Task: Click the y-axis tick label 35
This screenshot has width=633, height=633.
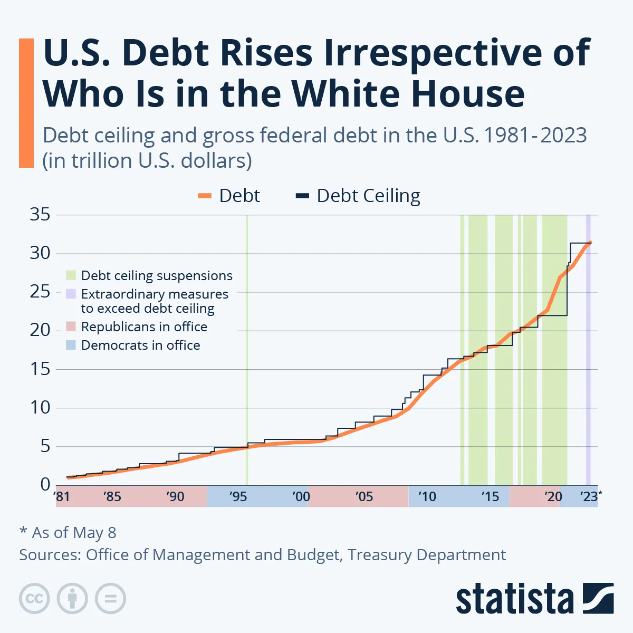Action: (x=40, y=214)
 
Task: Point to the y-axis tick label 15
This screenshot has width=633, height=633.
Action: (x=40, y=369)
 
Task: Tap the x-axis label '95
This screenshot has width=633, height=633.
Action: (x=238, y=496)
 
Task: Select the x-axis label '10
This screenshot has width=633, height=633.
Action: (x=427, y=496)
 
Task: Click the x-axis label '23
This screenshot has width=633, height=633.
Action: (x=589, y=496)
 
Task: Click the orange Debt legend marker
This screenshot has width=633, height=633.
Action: (x=205, y=196)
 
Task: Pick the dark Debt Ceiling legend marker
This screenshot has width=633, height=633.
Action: (x=302, y=196)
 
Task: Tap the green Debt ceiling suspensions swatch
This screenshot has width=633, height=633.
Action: (x=71, y=275)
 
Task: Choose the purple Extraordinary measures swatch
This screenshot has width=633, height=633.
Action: (x=71, y=294)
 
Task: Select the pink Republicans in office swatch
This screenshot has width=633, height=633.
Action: (x=71, y=327)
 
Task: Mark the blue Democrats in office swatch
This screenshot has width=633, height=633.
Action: (x=71, y=345)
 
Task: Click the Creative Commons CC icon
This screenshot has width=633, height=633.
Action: (x=34, y=598)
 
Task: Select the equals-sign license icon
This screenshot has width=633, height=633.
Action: (x=110, y=598)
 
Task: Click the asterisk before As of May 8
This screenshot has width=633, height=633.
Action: (x=23, y=530)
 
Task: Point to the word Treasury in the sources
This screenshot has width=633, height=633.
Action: (x=379, y=555)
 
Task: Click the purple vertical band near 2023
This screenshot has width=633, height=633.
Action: (x=588, y=350)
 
